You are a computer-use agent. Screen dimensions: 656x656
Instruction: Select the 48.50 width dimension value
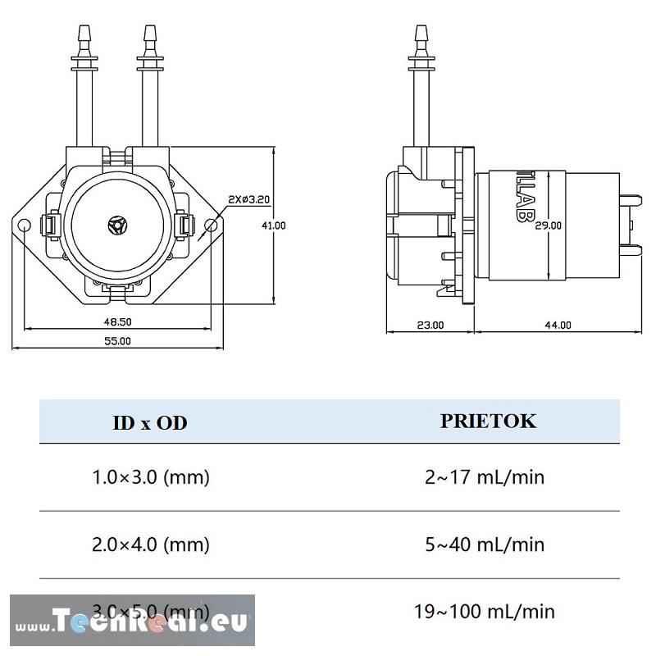point(118,322)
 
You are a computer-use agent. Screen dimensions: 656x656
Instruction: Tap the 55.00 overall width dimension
point(118,340)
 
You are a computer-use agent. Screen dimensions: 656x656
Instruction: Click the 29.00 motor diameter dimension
point(548,225)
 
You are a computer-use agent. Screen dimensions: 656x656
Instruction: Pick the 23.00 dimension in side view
point(430,325)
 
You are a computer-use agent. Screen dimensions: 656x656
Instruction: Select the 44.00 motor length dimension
point(558,325)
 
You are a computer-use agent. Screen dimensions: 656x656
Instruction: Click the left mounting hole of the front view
point(25,225)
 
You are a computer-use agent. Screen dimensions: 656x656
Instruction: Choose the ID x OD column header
point(149,423)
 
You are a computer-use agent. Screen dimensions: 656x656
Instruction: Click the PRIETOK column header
point(488,421)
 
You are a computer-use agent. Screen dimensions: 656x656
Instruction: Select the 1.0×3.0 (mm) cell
point(151,477)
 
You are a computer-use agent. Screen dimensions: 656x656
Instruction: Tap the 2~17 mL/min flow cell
point(485,477)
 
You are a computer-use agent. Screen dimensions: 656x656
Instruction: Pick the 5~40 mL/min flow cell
point(485,544)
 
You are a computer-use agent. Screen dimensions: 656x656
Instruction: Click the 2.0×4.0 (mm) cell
point(151,544)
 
